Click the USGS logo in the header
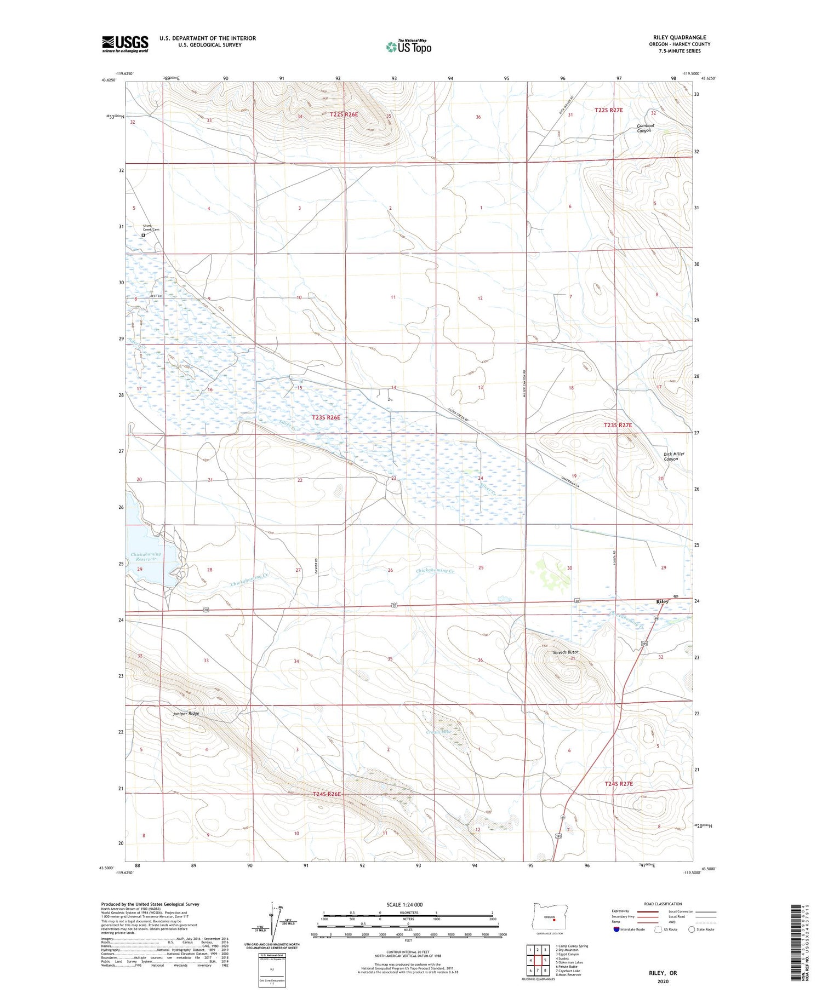click(125, 44)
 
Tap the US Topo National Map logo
click(408, 46)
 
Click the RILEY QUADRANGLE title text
click(677, 37)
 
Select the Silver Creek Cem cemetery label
click(151, 228)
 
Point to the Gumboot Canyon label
click(645, 128)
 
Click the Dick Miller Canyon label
click(673, 456)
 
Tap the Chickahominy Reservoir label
click(146, 556)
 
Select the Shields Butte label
click(566, 652)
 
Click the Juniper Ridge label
click(186, 714)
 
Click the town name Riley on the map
click(662, 601)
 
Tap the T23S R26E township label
click(326, 417)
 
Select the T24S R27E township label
click(619, 784)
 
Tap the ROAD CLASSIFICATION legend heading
click(663, 904)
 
